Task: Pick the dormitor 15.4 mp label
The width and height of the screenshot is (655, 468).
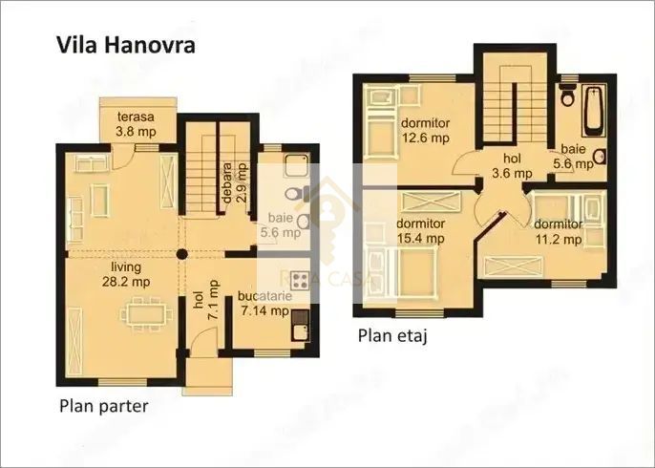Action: [x=420, y=232]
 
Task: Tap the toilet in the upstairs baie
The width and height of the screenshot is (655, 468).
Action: [x=567, y=96]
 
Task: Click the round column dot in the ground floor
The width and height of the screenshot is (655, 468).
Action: [x=181, y=255]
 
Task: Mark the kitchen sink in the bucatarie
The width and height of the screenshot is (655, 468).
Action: [x=301, y=329]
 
